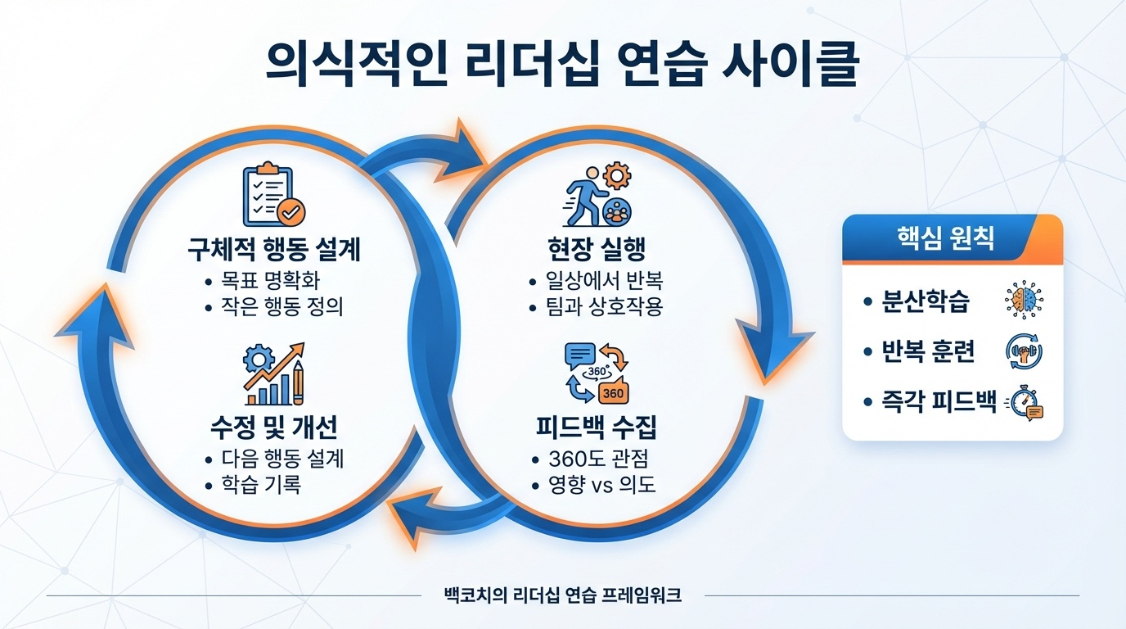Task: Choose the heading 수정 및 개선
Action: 274,427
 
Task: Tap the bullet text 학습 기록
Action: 261,484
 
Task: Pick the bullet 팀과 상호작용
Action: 604,308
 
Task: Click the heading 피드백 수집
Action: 595,427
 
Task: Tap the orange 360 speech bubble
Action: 614,391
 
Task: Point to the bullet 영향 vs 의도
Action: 602,484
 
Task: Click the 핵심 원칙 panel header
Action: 952,239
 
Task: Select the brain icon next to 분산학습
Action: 1023,301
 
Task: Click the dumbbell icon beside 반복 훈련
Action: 1023,352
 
